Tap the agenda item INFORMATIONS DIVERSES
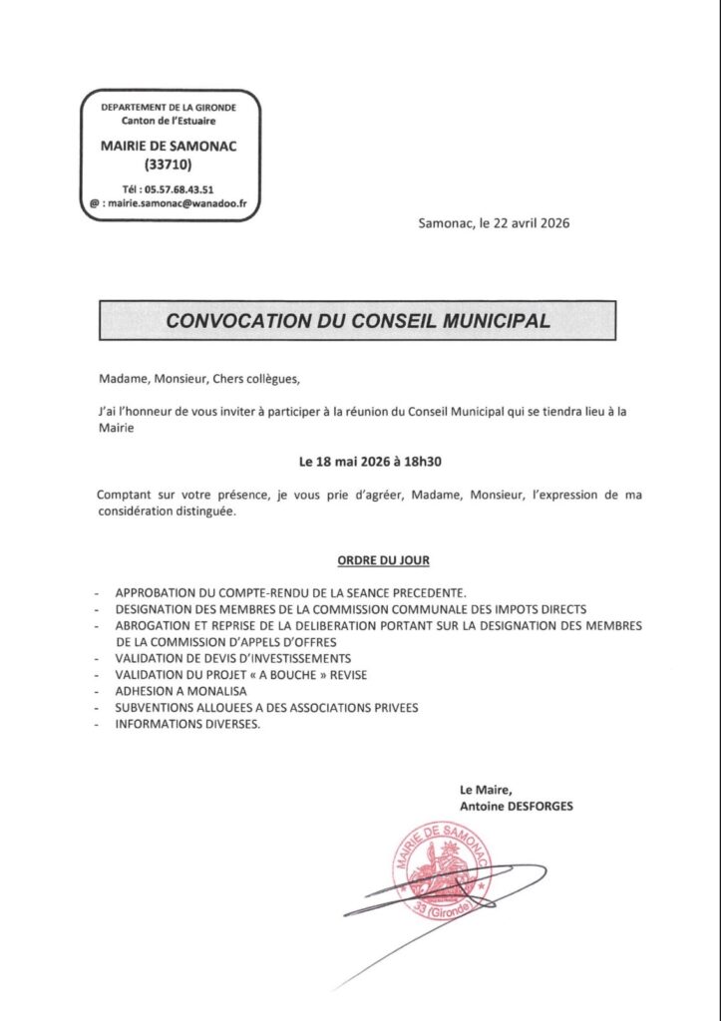(187, 724)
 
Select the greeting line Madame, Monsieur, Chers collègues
(198, 379)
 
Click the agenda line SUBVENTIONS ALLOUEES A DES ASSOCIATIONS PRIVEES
(266, 708)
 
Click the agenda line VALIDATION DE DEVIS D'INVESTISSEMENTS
(232, 659)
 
